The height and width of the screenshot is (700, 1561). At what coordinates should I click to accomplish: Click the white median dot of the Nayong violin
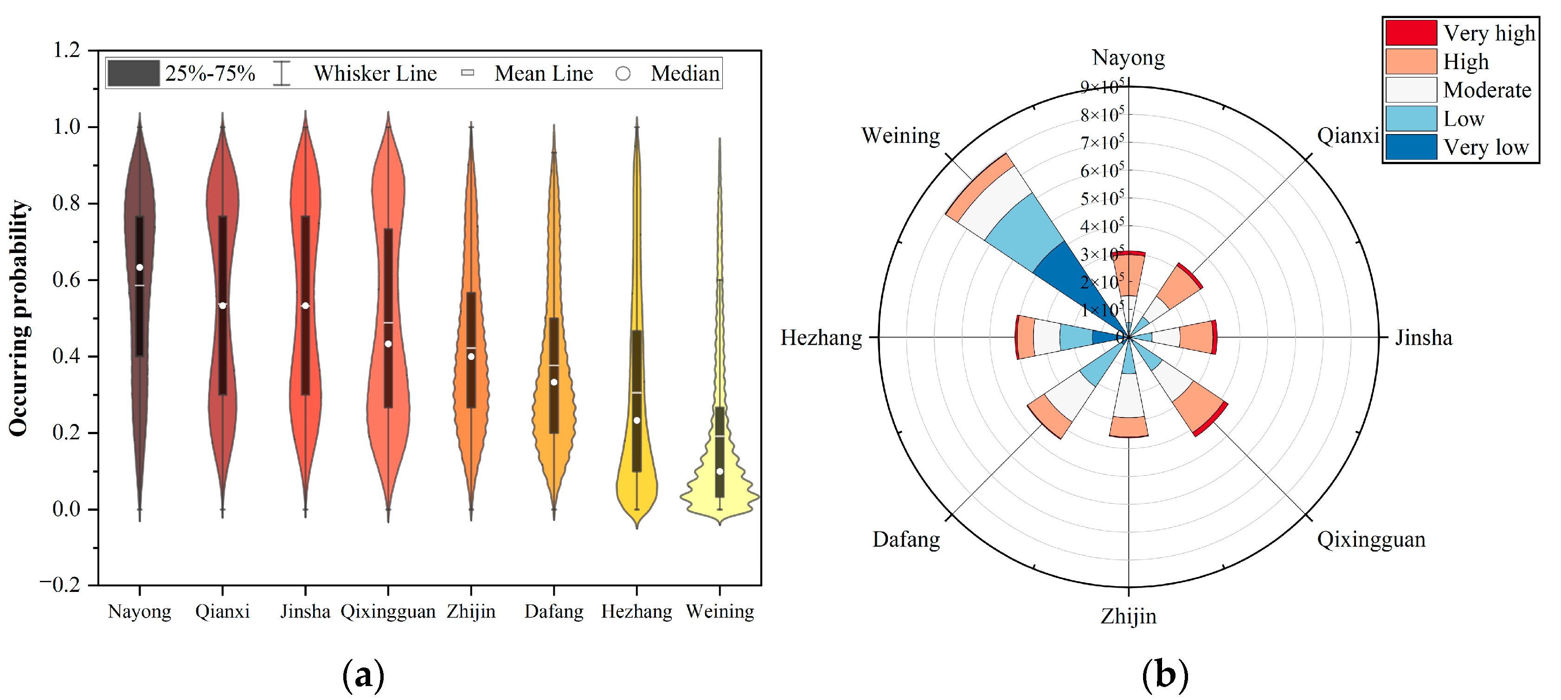140,267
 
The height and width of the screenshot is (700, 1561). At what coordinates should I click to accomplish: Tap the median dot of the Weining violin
719,471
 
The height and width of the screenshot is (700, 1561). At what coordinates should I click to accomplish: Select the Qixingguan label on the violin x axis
388,611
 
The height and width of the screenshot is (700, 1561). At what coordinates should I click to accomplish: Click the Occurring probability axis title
19,318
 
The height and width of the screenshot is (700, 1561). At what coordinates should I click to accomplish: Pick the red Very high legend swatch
1410,33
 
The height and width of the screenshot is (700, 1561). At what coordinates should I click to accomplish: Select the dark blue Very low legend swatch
1410,147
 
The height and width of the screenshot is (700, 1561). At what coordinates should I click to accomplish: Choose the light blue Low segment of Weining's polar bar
1024,233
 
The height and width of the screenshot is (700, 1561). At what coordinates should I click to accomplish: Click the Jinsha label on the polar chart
1423,338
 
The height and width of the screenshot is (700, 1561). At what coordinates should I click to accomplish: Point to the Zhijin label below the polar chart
1128,617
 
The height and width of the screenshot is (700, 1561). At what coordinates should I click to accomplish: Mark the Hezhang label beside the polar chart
821,338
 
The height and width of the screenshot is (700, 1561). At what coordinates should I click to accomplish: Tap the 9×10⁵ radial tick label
1102,87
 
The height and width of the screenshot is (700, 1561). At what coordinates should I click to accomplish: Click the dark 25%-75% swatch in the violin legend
133,73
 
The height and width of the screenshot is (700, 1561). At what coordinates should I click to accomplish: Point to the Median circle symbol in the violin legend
623,74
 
